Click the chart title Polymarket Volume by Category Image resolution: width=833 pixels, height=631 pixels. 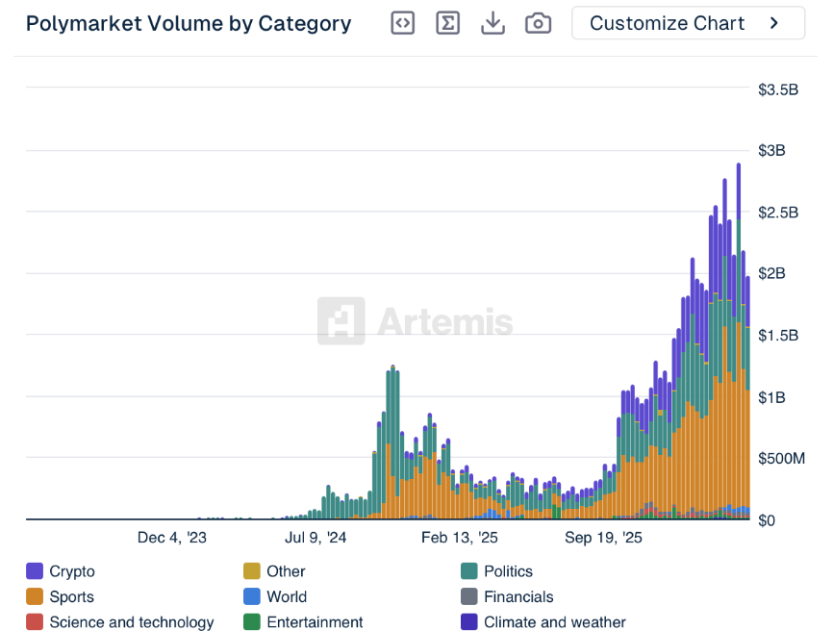click(189, 23)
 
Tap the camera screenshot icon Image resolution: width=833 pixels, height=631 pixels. click(539, 23)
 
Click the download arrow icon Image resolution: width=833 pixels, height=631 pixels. click(492, 23)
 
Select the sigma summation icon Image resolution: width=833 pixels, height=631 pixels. click(447, 23)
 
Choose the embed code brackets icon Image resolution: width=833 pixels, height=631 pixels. click(403, 23)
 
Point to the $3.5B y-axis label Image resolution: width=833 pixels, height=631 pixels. click(778, 89)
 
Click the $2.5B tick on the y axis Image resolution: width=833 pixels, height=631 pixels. click(778, 212)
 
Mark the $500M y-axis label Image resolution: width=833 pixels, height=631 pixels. click(781, 458)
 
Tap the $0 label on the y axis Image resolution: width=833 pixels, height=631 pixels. click(767, 520)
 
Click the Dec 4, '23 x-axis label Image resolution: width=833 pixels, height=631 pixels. click(172, 538)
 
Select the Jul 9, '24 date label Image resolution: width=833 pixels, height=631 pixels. click(316, 538)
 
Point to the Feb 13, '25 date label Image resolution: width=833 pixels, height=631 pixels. click(460, 538)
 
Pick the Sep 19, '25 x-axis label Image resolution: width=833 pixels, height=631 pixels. click(603, 538)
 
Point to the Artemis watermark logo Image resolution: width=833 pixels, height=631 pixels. click(416, 321)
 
